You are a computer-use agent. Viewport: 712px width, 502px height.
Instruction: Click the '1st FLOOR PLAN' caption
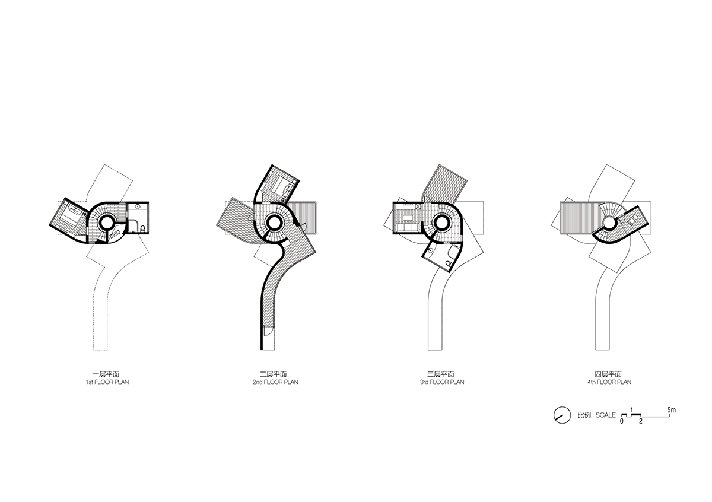[107, 382]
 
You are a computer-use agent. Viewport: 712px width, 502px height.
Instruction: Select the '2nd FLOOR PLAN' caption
[275, 382]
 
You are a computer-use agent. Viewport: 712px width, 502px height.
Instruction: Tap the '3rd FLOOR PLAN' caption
[442, 382]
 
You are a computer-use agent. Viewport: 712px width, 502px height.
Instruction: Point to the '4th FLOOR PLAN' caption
[609, 382]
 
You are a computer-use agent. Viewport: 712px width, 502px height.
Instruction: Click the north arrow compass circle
[562, 415]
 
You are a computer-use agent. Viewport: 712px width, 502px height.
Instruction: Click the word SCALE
[606, 415]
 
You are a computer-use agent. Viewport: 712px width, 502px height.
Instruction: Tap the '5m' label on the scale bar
[671, 410]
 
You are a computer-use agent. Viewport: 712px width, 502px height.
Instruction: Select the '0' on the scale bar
[622, 421]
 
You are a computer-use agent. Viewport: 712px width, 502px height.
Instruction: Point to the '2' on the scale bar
[641, 421]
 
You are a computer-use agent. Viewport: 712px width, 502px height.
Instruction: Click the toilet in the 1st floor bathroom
[143, 228]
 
